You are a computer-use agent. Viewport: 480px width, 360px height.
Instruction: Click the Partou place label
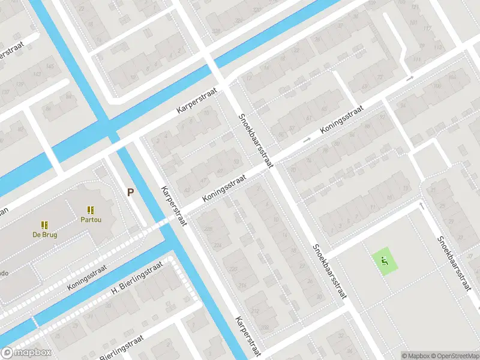click(90, 220)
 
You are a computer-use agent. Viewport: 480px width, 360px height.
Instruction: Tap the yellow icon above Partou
click(90, 210)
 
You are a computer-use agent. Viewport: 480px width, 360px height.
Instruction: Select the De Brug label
click(44, 235)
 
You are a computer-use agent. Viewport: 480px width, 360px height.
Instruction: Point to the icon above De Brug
click(44, 225)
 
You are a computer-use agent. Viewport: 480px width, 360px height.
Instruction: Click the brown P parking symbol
click(130, 192)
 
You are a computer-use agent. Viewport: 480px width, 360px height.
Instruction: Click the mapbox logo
click(27, 353)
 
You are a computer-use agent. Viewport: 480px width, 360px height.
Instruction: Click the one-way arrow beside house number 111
click(410, 79)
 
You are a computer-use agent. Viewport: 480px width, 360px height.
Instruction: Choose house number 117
click(427, 28)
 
